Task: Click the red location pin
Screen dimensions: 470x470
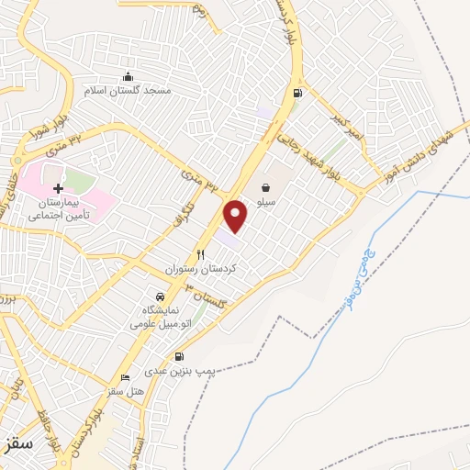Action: coord(236,216)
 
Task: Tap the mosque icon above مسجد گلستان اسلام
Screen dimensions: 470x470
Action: coord(129,77)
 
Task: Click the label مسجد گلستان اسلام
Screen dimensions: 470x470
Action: coord(129,92)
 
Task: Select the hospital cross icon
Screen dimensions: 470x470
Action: coord(59,187)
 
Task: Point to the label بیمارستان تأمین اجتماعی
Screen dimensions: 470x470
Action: coord(57,209)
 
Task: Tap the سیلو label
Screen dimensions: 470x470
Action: coord(269,185)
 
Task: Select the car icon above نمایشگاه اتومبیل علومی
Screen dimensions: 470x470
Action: coord(161,297)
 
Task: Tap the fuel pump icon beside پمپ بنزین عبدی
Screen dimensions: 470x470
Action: coord(178,357)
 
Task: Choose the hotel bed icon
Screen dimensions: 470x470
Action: coord(126,377)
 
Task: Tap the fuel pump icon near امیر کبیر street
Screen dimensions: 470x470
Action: coord(297,92)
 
